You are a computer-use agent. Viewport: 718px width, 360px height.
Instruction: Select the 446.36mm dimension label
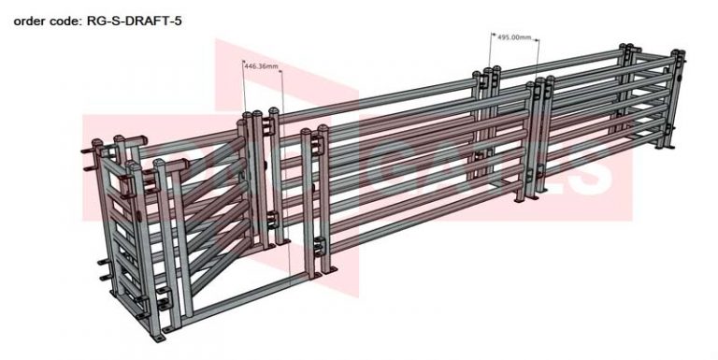[261, 66]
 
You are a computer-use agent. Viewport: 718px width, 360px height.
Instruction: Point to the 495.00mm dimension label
[514, 38]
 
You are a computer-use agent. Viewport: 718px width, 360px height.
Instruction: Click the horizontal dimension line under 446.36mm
[261, 73]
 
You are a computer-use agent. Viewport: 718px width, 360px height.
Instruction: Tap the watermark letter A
[453, 168]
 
